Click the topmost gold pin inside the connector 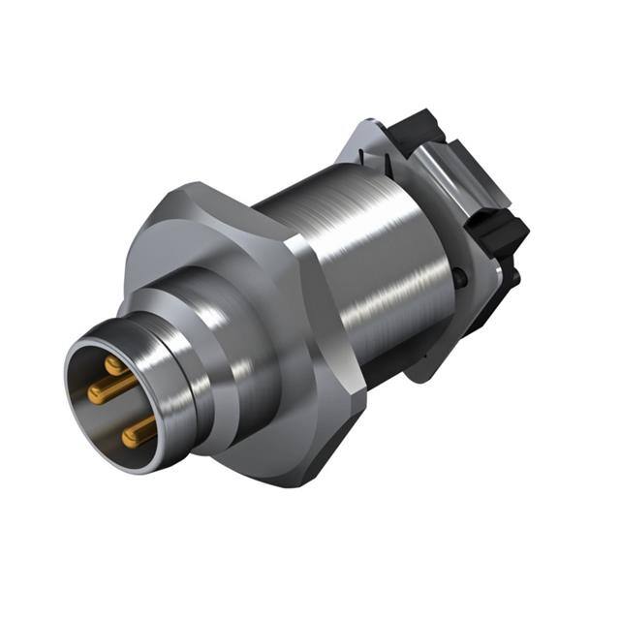(x=115, y=365)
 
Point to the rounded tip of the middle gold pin (x=93, y=392)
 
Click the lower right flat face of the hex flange (x=339, y=426)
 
